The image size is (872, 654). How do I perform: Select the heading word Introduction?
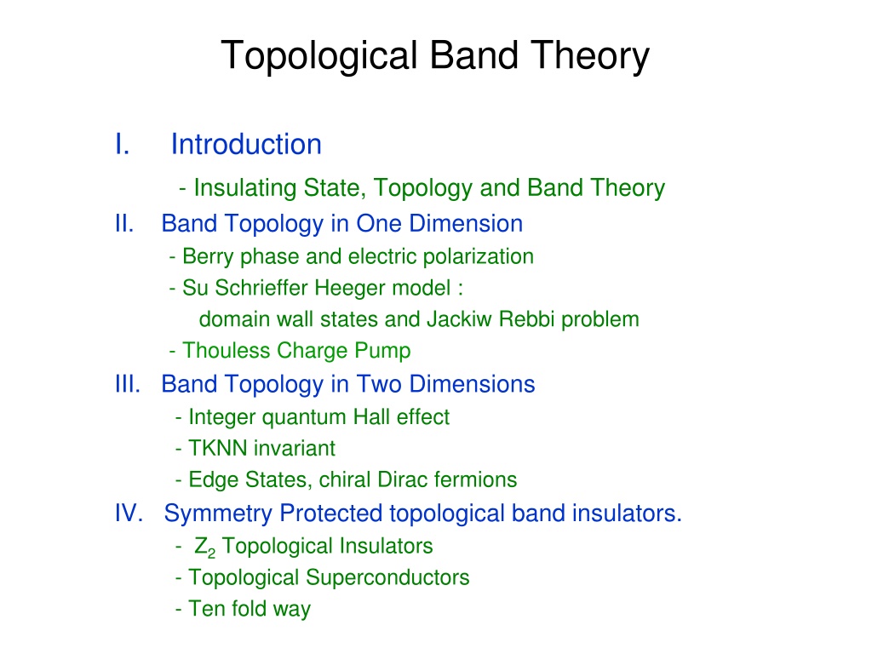click(x=246, y=145)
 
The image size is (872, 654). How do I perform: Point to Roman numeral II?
click(x=124, y=224)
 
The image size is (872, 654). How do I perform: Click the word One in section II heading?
click(x=379, y=224)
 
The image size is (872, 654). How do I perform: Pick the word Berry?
click(x=208, y=257)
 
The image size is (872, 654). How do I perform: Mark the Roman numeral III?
click(x=128, y=384)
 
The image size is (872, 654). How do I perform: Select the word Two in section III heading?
click(x=379, y=384)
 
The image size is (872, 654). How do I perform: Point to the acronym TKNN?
click(x=218, y=448)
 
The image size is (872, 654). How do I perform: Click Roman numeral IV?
click(x=129, y=513)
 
